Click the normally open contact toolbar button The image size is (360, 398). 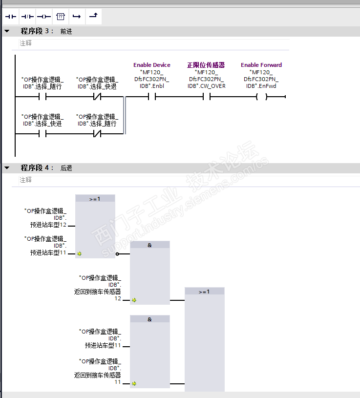click(x=11, y=17)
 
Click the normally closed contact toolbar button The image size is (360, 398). click(x=27, y=17)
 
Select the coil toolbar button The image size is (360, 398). click(x=44, y=17)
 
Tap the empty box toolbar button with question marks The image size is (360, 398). click(x=61, y=17)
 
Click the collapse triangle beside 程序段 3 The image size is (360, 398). click(x=7, y=31)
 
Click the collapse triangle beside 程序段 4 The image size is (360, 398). click(x=7, y=168)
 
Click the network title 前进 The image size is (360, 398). click(x=66, y=31)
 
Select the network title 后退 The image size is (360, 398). click(x=66, y=168)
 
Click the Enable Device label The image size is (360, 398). click(x=152, y=65)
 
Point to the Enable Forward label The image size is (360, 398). click(x=261, y=65)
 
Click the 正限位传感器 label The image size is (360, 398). click(x=206, y=65)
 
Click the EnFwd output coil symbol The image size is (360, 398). click(x=262, y=97)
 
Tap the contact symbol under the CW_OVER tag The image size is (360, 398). click(x=207, y=97)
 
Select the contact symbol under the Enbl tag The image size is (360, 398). click(x=152, y=97)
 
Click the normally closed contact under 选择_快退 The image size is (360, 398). click(x=97, y=97)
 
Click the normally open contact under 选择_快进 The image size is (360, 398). click(x=42, y=134)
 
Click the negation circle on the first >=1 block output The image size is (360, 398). click(x=117, y=254)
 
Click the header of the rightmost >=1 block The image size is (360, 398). click(x=204, y=292)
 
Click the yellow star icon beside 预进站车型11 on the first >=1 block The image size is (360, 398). click(x=79, y=254)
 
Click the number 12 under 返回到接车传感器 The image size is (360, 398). click(x=118, y=298)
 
